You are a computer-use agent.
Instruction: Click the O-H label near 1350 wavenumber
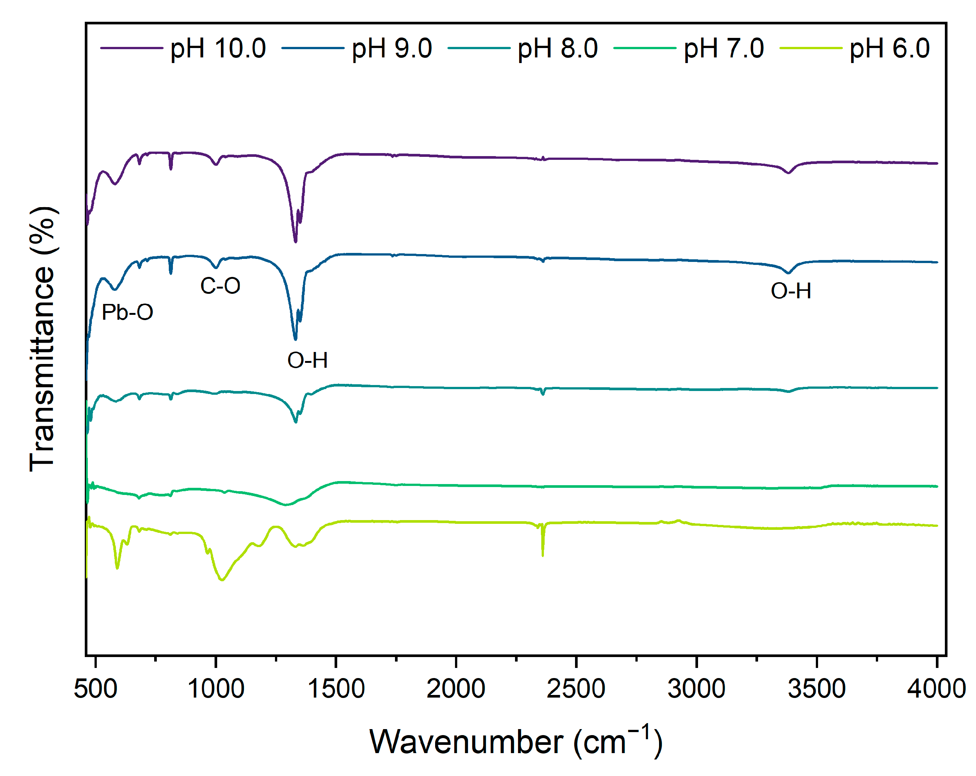click(307, 360)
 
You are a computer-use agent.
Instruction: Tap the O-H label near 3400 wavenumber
click(790, 291)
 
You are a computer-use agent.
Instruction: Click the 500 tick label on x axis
click(96, 689)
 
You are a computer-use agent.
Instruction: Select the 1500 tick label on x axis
click(336, 689)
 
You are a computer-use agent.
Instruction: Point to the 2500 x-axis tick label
click(576, 689)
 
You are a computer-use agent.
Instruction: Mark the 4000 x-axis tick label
click(936, 689)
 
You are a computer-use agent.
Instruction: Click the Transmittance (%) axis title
click(42, 340)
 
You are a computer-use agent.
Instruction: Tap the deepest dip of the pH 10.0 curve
click(296, 241)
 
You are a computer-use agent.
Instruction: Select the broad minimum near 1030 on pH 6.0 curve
click(222, 579)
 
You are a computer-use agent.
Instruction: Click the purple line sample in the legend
click(131, 48)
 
